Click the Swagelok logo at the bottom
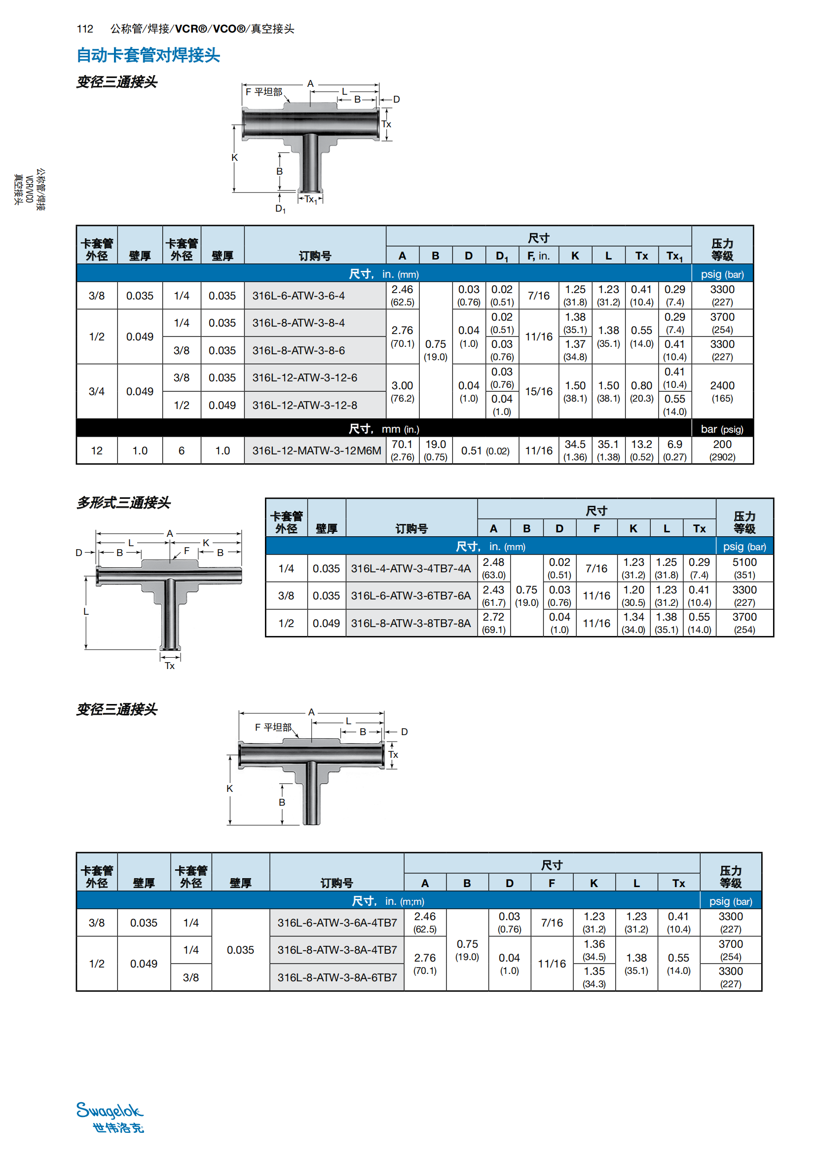click(111, 1117)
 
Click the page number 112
click(85, 29)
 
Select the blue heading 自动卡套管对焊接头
click(148, 55)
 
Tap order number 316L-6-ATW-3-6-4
click(298, 296)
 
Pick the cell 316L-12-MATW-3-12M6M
click(317, 450)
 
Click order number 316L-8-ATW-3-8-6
click(298, 350)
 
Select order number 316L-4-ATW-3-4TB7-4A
click(410, 568)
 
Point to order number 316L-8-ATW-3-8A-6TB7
click(337, 977)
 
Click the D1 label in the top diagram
click(280, 208)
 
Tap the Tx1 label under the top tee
click(310, 199)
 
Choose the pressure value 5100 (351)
click(744, 568)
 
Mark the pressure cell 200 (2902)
click(722, 450)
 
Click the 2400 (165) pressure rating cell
click(722, 392)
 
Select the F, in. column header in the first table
click(539, 256)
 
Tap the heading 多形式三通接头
click(124, 503)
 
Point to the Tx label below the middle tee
click(170, 666)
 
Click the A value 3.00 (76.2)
click(403, 392)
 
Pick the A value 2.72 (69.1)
click(493, 623)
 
